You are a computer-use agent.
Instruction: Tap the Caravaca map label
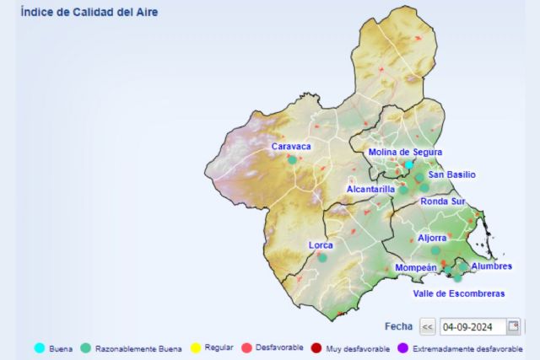[291, 147]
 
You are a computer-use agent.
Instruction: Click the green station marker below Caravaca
[293, 159]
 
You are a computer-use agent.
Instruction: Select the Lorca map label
[321, 245]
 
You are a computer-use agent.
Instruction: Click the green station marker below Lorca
[321, 257]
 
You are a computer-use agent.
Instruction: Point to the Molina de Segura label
[405, 153]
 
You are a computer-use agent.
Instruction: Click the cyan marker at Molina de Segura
[408, 164]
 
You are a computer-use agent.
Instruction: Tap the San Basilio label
[451, 175]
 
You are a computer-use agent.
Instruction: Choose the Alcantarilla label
[370, 190]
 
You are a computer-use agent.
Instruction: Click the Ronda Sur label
[443, 201]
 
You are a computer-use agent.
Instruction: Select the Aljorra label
[432, 238]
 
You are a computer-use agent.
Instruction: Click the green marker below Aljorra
[435, 250]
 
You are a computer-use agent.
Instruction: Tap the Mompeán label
[416, 267]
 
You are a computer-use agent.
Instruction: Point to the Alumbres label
[492, 266]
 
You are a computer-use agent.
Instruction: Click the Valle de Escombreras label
[459, 293]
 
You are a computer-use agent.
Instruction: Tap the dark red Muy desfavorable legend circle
[316, 347]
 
